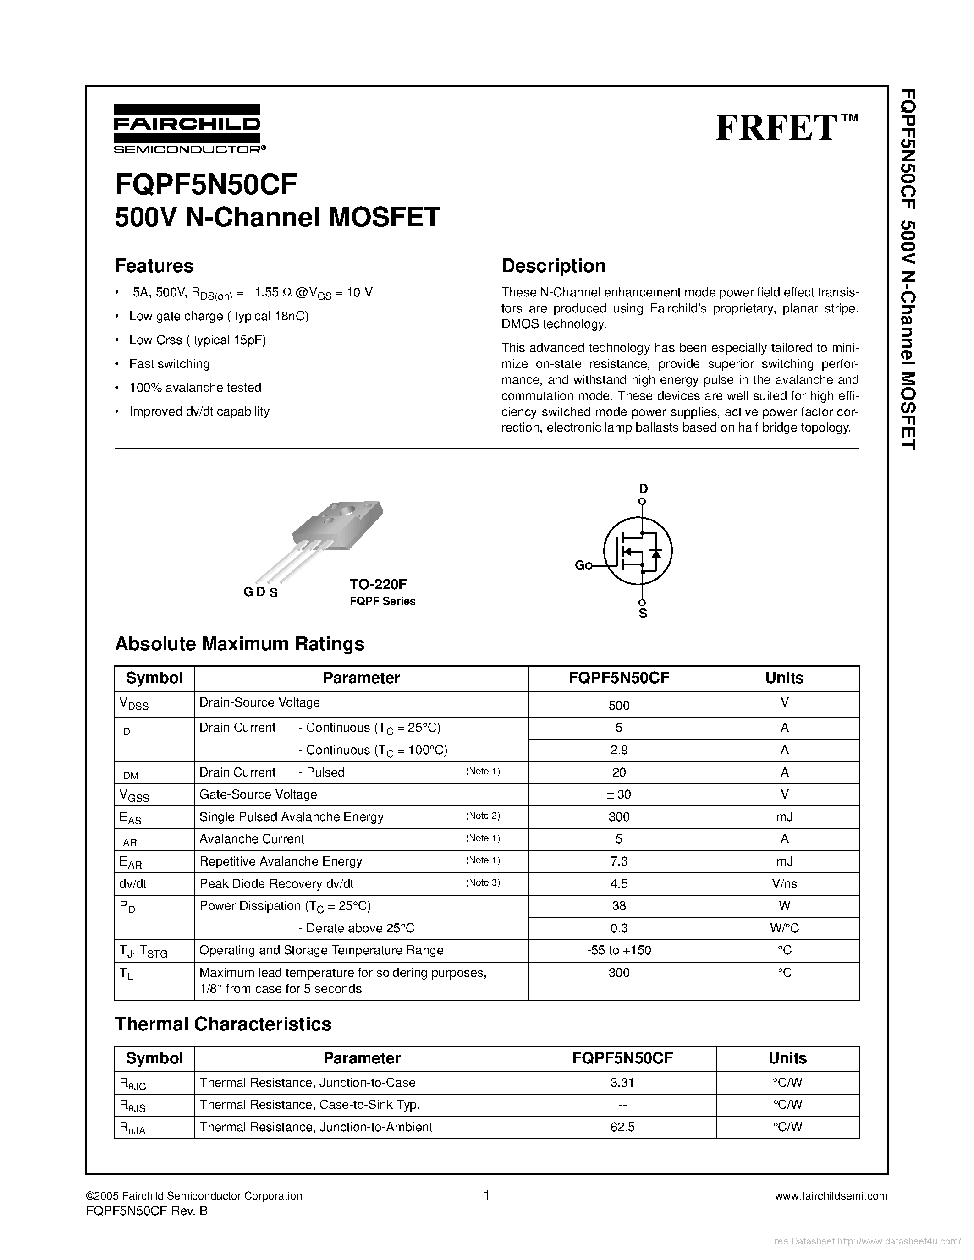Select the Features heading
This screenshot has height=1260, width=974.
point(154,266)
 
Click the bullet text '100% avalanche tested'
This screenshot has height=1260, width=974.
point(195,388)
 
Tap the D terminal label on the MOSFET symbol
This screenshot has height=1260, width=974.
point(643,489)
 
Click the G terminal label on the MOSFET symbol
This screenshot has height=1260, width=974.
point(579,565)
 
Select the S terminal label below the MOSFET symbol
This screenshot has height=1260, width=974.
point(643,614)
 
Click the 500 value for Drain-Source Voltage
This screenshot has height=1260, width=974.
point(619,705)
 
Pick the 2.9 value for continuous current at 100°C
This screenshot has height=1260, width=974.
point(619,750)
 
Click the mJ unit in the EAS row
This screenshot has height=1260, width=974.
point(784,817)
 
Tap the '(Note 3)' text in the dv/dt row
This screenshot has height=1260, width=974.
point(482,883)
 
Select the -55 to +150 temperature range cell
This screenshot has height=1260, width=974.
point(619,950)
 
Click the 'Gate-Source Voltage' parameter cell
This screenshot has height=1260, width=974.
point(258,794)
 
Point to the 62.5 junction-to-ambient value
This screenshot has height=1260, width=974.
point(622,1127)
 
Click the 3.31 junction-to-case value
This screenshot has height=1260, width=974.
point(622,1082)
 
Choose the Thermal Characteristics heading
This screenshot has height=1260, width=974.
point(223,1024)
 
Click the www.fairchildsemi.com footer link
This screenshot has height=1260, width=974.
point(831,1196)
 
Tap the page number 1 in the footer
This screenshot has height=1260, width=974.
point(486,1195)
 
